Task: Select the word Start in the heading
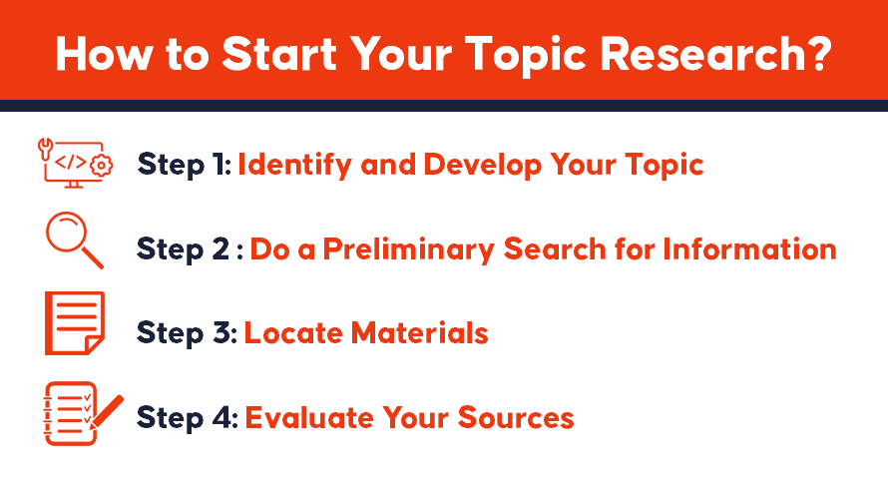click(279, 55)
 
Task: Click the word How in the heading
click(104, 55)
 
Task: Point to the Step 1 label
click(184, 165)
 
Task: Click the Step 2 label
click(190, 249)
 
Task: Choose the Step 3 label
click(187, 332)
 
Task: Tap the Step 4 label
click(188, 417)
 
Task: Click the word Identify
click(295, 166)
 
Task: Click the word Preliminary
click(408, 249)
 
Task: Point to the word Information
click(750, 249)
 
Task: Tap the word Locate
click(293, 333)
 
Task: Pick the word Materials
click(420, 333)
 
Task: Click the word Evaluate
click(309, 418)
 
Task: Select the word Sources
click(516, 418)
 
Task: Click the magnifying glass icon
click(74, 240)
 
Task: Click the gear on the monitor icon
click(102, 166)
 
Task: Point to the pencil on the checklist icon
click(106, 420)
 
